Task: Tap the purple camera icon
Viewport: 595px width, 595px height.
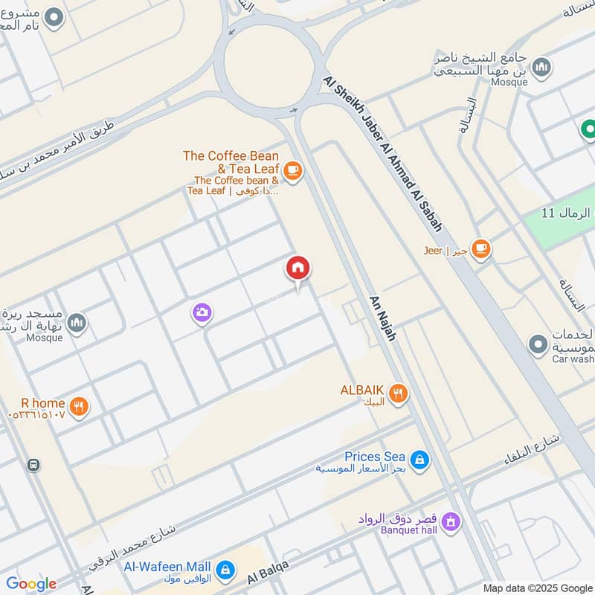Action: click(202, 313)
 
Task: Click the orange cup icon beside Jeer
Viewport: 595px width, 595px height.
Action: click(481, 249)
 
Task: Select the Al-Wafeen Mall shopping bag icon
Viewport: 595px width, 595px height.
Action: click(225, 571)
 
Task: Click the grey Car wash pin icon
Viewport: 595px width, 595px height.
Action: click(537, 345)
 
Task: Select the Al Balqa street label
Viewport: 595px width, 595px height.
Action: click(268, 573)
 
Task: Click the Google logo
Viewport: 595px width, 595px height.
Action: click(31, 584)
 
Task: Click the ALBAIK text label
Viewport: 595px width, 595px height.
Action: click(362, 390)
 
